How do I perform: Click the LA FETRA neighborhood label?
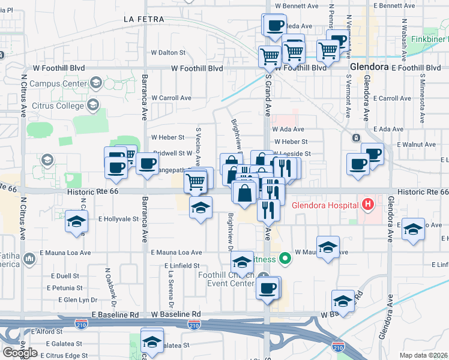pos(143,19)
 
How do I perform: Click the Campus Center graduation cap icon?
pos(95,83)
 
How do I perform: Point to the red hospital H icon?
pos(369,205)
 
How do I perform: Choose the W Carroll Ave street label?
pos(171,98)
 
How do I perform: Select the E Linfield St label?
pos(181,265)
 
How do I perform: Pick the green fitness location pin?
pos(286,259)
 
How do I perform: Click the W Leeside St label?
pos(291,154)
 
